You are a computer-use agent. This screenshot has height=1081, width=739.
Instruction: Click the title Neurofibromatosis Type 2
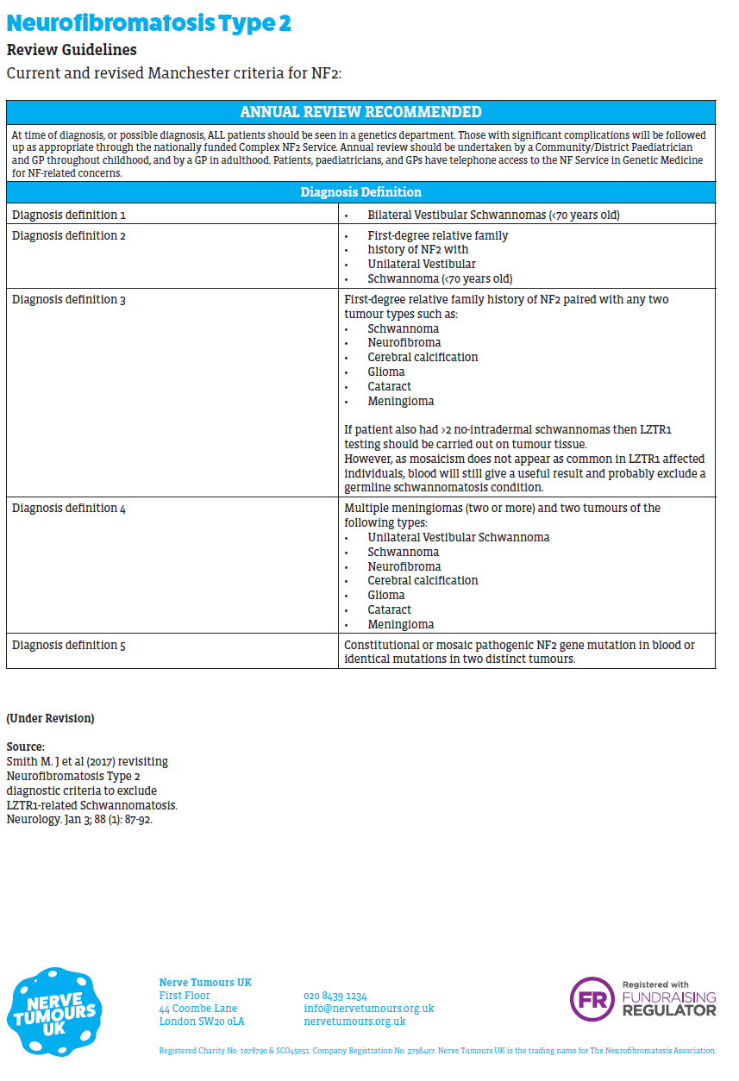(x=148, y=23)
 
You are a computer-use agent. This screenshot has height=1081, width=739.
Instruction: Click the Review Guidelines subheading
(x=72, y=50)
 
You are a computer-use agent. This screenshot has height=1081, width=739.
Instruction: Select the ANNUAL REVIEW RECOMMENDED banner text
(x=360, y=112)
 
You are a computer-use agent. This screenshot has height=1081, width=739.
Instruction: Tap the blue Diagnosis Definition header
(x=360, y=192)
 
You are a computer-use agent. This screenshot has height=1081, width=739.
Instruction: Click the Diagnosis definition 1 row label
(x=69, y=215)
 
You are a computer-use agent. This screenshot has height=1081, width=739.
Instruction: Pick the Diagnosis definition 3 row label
(x=69, y=299)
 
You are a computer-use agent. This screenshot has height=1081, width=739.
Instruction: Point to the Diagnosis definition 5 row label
(x=69, y=645)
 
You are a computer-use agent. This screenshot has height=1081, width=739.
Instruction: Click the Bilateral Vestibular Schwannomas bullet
(x=493, y=215)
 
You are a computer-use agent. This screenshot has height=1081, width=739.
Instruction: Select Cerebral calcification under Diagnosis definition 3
(x=423, y=357)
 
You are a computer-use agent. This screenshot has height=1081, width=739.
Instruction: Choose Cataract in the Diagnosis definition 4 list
(x=389, y=609)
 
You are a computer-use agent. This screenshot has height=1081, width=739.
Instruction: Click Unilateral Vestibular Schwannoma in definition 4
(x=458, y=537)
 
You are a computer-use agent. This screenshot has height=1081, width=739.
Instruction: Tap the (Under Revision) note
(x=50, y=718)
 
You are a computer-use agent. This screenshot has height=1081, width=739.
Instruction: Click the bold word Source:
(x=25, y=747)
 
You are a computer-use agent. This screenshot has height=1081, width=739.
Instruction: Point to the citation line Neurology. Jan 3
(x=79, y=819)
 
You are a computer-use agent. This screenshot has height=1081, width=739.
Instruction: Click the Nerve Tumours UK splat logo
(x=54, y=1011)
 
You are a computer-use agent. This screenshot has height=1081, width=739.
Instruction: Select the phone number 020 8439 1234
(x=335, y=996)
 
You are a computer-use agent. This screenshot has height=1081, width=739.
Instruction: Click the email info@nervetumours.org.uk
(x=368, y=1009)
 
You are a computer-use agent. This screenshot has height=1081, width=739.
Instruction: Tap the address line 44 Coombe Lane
(x=197, y=1009)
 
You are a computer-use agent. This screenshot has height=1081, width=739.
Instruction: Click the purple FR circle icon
(x=592, y=999)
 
